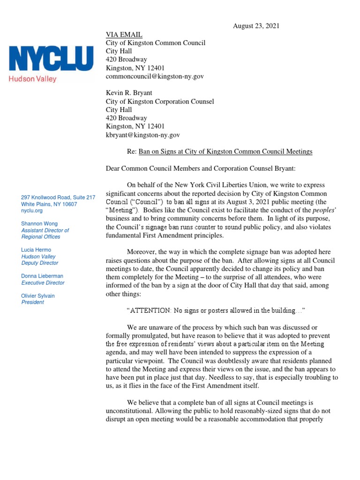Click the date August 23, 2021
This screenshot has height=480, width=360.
pos(256,26)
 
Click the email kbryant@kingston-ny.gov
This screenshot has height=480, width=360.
pos(142,135)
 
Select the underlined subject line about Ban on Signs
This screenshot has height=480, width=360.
pos(225,152)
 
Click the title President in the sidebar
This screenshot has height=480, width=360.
pos(33,302)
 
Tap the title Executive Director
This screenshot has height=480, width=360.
pos(43,283)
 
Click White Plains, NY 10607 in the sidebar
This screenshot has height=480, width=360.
pos(49,204)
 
